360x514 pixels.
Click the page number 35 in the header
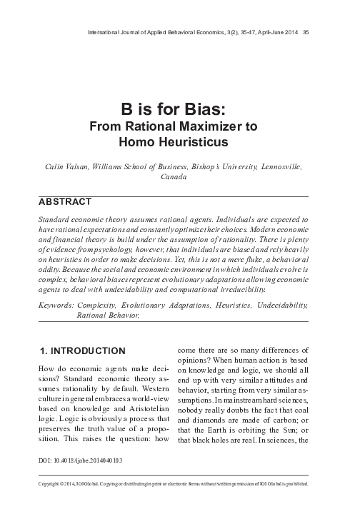tap(306, 31)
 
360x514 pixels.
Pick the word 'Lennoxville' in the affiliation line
tap(279, 166)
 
